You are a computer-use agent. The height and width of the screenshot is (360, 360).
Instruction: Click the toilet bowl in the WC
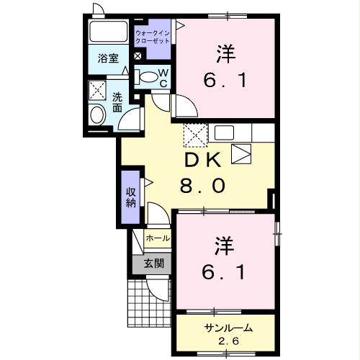[147, 76]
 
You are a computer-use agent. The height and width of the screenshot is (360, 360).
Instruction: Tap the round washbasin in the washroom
[96, 114]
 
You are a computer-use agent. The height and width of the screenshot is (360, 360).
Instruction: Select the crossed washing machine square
[96, 90]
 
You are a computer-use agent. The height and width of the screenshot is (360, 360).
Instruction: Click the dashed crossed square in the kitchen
[194, 135]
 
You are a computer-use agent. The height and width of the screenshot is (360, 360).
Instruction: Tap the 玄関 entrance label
[152, 264]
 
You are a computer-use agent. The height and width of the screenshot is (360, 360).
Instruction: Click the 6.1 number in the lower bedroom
[222, 273]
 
